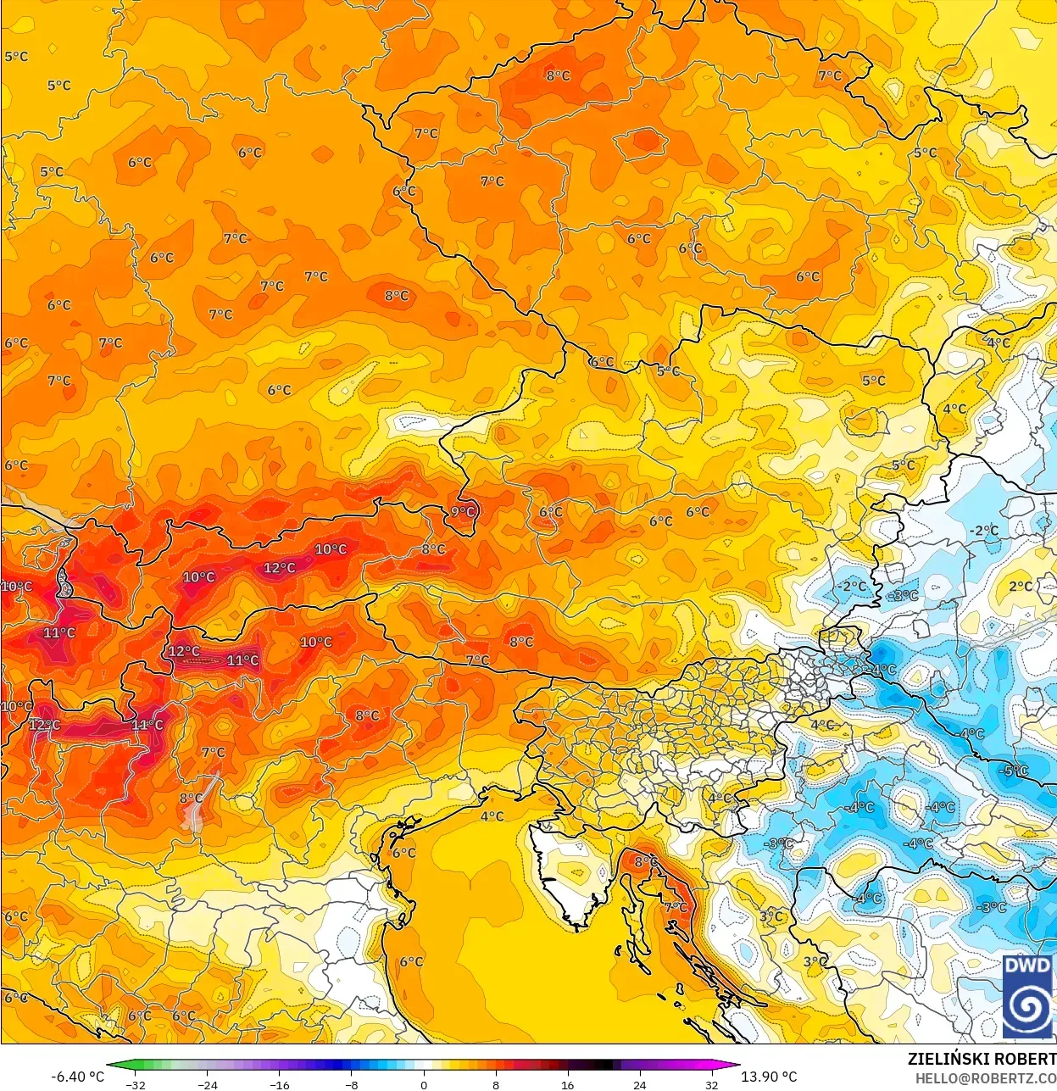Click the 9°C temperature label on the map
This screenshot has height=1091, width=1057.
pos(464,512)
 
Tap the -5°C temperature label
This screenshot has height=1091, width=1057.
pos(1015,771)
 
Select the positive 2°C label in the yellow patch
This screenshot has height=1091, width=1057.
pos(1021,587)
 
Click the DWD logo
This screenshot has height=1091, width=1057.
pos(1027,996)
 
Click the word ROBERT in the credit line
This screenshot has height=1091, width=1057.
pos(1026,1059)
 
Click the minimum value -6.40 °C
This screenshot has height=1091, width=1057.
pos(78,1077)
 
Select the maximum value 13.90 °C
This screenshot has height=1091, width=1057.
pos(769,1077)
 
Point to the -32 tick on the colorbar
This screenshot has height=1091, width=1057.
pos(136,1084)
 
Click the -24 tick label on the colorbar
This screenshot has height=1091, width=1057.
pos(208,1084)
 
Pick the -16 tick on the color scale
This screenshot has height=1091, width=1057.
pos(280,1084)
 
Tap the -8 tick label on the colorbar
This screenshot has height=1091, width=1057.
pos(352,1084)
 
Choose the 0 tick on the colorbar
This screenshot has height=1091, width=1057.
pos(424,1084)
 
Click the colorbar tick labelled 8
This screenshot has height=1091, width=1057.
pos(496,1084)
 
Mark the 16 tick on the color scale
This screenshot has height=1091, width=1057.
pos(567,1084)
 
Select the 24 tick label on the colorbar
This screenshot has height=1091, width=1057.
pos(639,1084)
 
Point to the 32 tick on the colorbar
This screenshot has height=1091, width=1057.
pos(711,1084)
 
